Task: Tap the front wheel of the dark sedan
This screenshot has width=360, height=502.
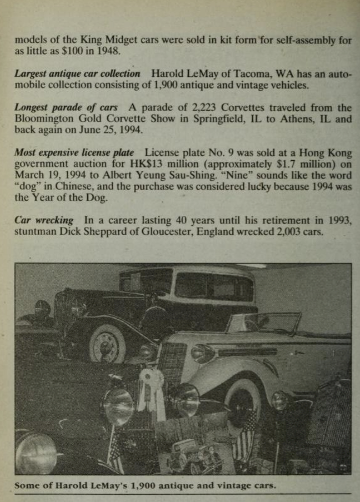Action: pos(107,343)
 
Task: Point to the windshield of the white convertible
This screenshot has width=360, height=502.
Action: pos(264,323)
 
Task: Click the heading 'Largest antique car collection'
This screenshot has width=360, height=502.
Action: pos(77,73)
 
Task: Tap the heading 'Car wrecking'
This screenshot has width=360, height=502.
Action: pos(46,220)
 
